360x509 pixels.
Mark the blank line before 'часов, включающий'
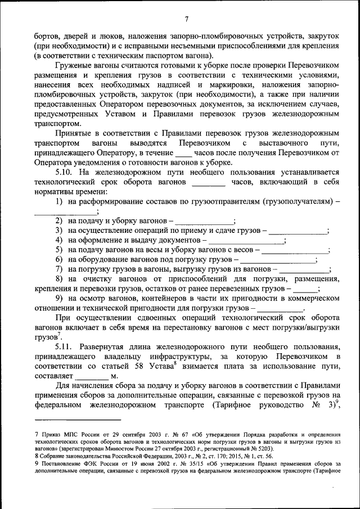point(208,182)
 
